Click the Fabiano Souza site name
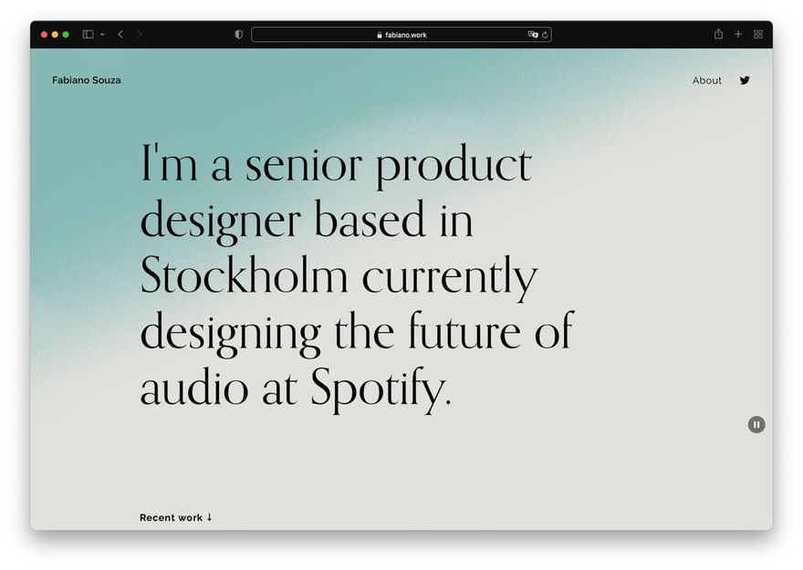(x=87, y=80)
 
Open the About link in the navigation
(x=706, y=80)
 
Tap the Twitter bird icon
(x=745, y=80)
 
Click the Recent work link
(x=175, y=517)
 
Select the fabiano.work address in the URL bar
(x=405, y=35)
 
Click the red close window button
(x=44, y=35)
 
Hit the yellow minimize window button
(x=55, y=35)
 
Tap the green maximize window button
(x=66, y=35)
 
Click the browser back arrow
(x=120, y=35)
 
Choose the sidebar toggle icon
(x=89, y=35)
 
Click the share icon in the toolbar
(x=718, y=34)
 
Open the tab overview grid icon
(x=758, y=35)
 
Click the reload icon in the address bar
(x=545, y=35)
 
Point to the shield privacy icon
(x=239, y=35)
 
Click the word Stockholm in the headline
(x=245, y=275)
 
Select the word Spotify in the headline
(x=381, y=388)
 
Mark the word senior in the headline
(x=304, y=165)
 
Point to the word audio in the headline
(x=194, y=388)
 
